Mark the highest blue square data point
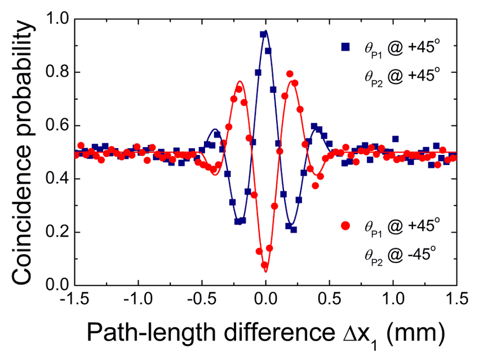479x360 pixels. point(263,34)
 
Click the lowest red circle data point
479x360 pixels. point(264,265)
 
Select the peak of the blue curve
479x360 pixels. point(265,31)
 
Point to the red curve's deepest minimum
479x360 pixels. point(265,272)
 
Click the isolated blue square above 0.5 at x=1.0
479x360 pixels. point(396,139)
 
